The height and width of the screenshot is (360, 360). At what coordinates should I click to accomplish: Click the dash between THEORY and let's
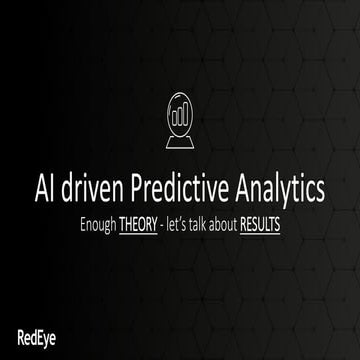point(164,225)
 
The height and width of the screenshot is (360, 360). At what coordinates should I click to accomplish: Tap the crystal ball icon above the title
point(179,120)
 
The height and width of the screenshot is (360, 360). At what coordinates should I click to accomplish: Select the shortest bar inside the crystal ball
point(173,117)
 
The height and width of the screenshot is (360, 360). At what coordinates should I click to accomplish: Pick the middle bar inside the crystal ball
point(179,115)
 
